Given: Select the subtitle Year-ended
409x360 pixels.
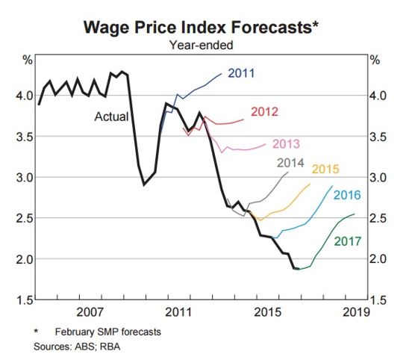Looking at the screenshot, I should [202, 46].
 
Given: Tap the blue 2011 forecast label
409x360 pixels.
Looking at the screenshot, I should [242, 73].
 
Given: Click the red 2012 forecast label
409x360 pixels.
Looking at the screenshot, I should [264, 112].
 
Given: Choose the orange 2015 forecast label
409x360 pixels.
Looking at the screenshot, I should [326, 169].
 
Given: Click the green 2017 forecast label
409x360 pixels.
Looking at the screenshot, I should [347, 241].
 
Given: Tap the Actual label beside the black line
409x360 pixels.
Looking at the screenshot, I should [111, 117].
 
